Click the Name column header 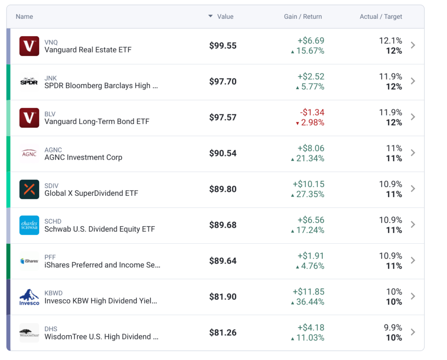pyautogui.click(x=24, y=17)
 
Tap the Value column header pyautogui.click(x=225, y=17)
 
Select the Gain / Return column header pyautogui.click(x=303, y=17)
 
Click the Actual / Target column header pyautogui.click(x=381, y=17)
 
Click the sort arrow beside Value pyautogui.click(x=210, y=16)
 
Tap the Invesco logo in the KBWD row pyautogui.click(x=29, y=297)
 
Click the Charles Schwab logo pyautogui.click(x=29, y=225)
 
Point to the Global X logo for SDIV pyautogui.click(x=29, y=189)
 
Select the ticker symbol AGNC pyautogui.click(x=53, y=150)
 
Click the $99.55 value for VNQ pyautogui.click(x=223, y=45)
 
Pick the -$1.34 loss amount pyautogui.click(x=312, y=112)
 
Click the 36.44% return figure pyautogui.click(x=310, y=302)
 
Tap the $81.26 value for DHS pyautogui.click(x=223, y=332)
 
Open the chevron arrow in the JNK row pyautogui.click(x=413, y=81)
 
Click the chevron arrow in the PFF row pyautogui.click(x=413, y=260)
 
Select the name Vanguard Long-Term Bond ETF pyautogui.click(x=97, y=121)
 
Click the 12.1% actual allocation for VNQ pyautogui.click(x=391, y=41)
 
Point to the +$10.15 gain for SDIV pyautogui.click(x=309, y=184)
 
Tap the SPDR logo pyautogui.click(x=29, y=82)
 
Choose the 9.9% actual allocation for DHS pyautogui.click(x=393, y=328)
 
